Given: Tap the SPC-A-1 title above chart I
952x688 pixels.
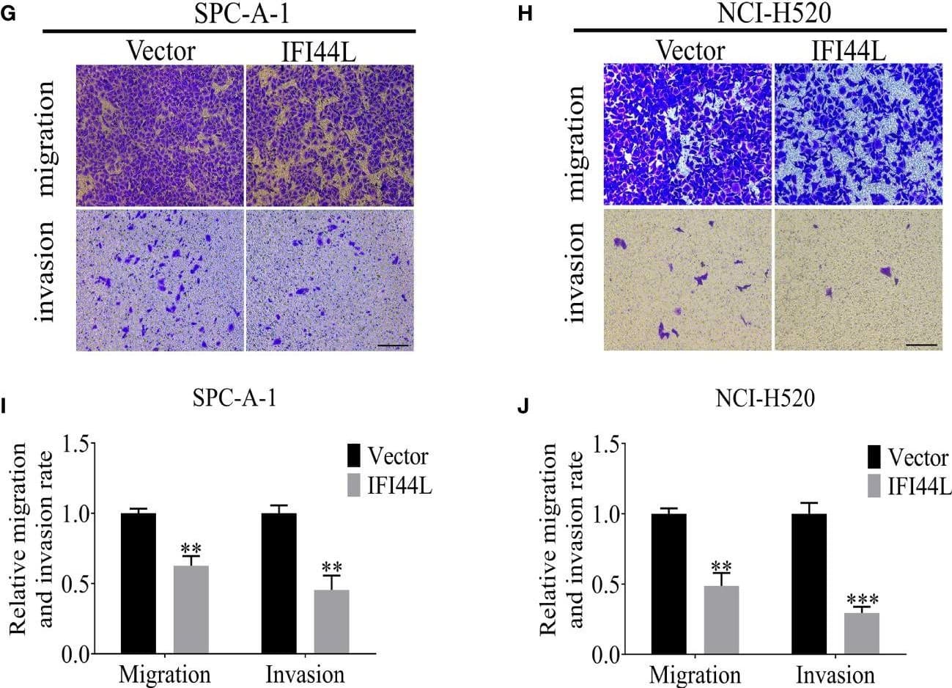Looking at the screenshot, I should coord(234,399).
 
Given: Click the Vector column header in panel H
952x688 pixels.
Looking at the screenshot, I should coord(690,51).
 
